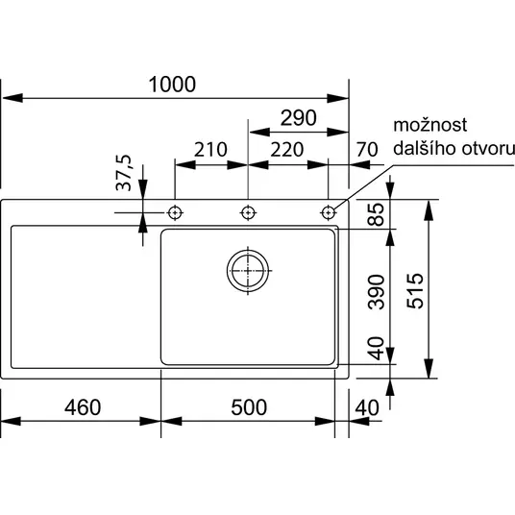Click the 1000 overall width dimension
(x=172, y=85)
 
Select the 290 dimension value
(x=299, y=118)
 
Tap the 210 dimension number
(x=210, y=150)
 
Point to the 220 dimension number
(x=287, y=150)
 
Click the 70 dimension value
(x=367, y=150)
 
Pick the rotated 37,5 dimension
(x=124, y=173)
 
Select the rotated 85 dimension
(x=376, y=214)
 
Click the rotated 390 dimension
(x=376, y=292)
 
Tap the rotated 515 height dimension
(x=415, y=291)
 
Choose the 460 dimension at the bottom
(x=83, y=407)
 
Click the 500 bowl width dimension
(x=249, y=407)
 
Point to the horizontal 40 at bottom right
(x=367, y=407)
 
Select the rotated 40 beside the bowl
(x=376, y=348)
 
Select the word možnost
(x=429, y=125)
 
